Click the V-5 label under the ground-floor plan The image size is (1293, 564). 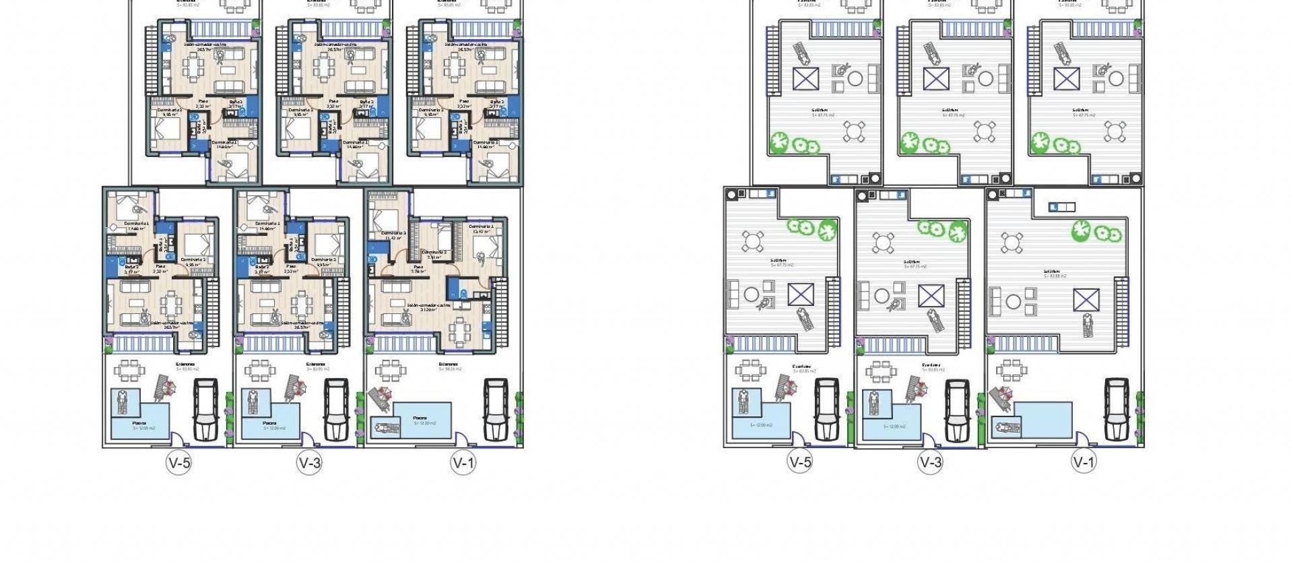click(x=179, y=462)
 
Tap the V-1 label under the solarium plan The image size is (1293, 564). click(x=1084, y=462)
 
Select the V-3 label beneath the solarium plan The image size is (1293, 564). click(x=930, y=462)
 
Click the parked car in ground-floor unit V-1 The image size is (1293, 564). click(x=496, y=409)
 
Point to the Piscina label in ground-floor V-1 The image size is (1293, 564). click(x=420, y=418)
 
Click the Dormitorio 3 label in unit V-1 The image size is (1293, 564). click(x=395, y=233)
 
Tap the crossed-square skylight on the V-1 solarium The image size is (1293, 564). click(x=1086, y=299)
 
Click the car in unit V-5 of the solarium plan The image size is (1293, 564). click(x=826, y=409)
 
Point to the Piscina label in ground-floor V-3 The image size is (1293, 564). click(x=269, y=423)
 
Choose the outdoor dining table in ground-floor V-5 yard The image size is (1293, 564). click(x=128, y=370)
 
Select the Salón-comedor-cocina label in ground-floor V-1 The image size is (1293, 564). click(x=428, y=306)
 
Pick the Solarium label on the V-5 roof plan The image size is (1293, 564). click(x=781, y=261)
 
